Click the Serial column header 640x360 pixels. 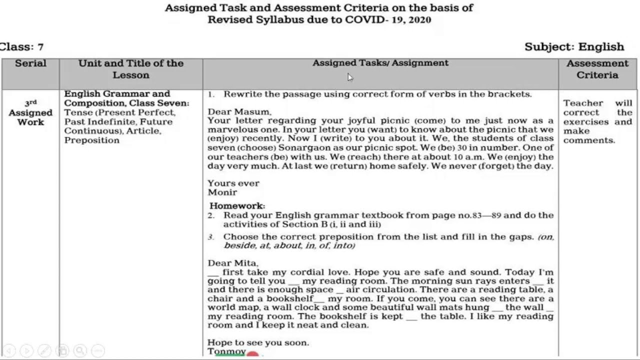click(x=30, y=63)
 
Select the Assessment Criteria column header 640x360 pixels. click(x=597, y=69)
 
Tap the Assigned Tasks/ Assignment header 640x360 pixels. click(x=380, y=63)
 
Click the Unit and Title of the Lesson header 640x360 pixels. click(x=131, y=69)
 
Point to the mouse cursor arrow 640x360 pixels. click(x=349, y=77)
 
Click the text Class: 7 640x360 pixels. click(x=22, y=47)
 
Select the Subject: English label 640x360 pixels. click(x=574, y=47)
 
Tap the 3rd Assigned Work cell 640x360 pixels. click(x=30, y=112)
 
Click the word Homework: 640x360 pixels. click(x=237, y=205)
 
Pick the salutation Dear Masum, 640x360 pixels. click(x=239, y=111)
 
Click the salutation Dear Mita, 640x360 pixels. click(x=233, y=263)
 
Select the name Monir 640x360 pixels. click(x=222, y=192)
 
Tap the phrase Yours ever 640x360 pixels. click(x=233, y=183)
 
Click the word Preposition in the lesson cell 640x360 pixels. click(x=91, y=140)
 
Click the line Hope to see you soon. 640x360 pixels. click(x=258, y=342)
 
